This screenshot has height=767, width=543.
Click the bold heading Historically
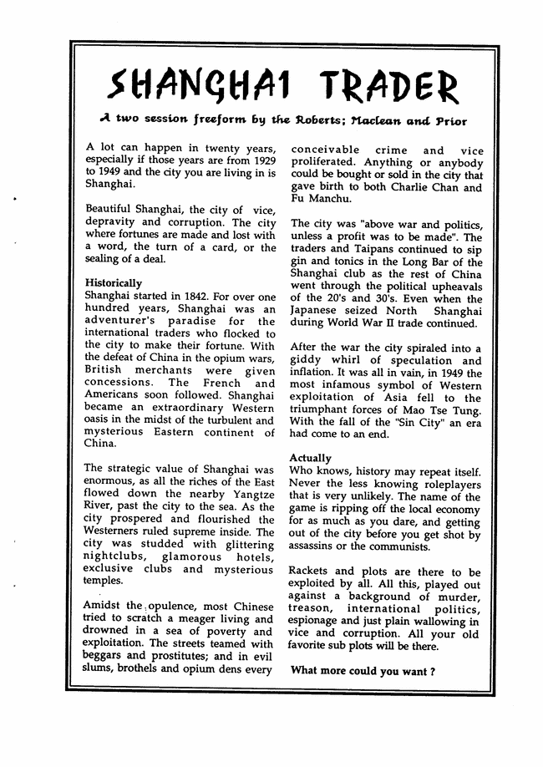click(x=114, y=283)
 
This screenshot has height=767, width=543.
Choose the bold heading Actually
click(x=310, y=458)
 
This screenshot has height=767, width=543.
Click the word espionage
click(x=317, y=621)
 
